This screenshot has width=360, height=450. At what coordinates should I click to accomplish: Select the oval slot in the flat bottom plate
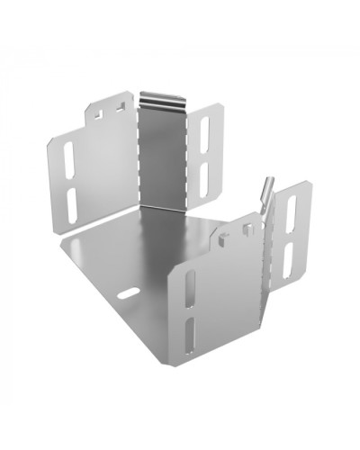(130, 292)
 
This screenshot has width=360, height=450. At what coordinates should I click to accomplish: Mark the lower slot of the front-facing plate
(192, 334)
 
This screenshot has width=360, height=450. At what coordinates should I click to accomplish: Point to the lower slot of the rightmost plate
(289, 262)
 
